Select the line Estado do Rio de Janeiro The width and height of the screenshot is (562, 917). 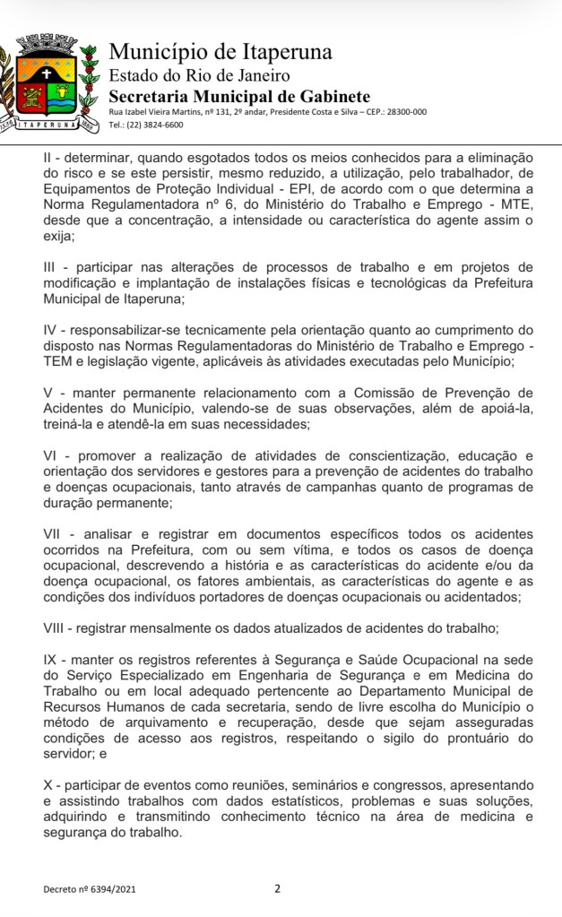point(199,75)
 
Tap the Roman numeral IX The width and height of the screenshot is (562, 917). point(50,659)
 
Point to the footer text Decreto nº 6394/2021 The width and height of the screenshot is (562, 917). point(91,889)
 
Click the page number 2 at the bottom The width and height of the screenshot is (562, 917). point(277,888)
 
